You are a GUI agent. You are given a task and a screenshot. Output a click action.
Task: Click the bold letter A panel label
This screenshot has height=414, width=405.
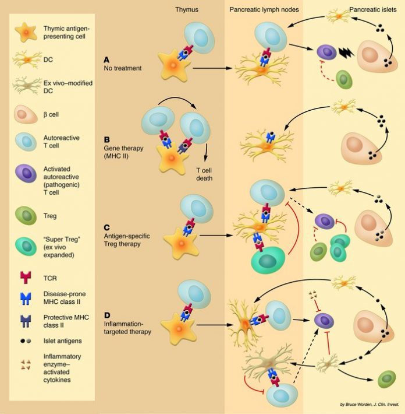click(x=106, y=60)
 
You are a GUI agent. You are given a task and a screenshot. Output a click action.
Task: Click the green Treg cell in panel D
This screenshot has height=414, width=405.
click(x=386, y=378)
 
